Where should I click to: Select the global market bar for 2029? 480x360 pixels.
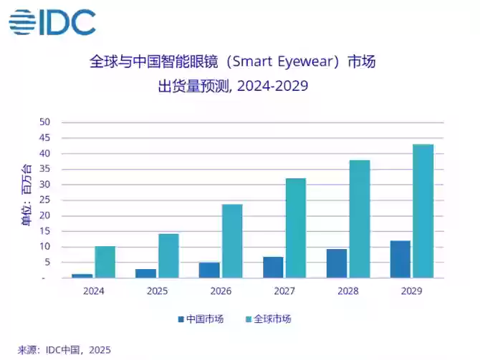click(x=423, y=211)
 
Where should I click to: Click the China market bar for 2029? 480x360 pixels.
click(x=400, y=259)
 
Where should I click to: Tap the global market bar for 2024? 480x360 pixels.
click(x=105, y=262)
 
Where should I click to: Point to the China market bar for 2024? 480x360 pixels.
click(x=82, y=276)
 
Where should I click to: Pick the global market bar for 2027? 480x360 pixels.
click(x=295, y=228)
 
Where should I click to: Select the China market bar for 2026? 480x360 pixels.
click(x=209, y=270)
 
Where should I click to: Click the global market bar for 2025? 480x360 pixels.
click(x=168, y=256)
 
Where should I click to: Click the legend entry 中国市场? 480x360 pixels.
click(x=200, y=318)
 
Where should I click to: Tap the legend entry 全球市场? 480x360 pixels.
click(x=268, y=318)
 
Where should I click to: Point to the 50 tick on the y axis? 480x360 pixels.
click(x=44, y=122)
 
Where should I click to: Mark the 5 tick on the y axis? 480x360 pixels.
click(x=47, y=263)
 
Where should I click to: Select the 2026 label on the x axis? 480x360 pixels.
click(x=221, y=291)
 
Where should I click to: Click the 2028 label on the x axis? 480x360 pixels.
click(x=347, y=291)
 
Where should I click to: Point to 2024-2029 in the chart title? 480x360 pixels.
click(x=272, y=87)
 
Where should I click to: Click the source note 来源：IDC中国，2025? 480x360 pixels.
click(x=64, y=350)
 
